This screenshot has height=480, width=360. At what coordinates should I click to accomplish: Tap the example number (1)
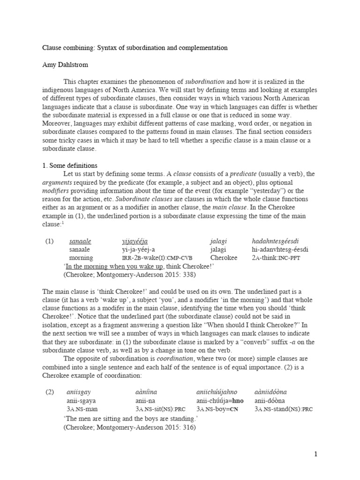(50, 241)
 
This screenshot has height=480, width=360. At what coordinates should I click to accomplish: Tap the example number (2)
(50, 392)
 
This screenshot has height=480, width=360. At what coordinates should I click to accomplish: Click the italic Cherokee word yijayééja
(135, 241)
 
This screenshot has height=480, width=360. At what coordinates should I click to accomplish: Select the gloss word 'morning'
(81, 258)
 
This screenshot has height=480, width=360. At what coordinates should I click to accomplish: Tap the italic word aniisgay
(78, 392)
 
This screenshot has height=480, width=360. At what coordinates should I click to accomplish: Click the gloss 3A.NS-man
(82, 409)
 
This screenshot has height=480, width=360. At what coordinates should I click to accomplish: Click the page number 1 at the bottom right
(316, 454)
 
